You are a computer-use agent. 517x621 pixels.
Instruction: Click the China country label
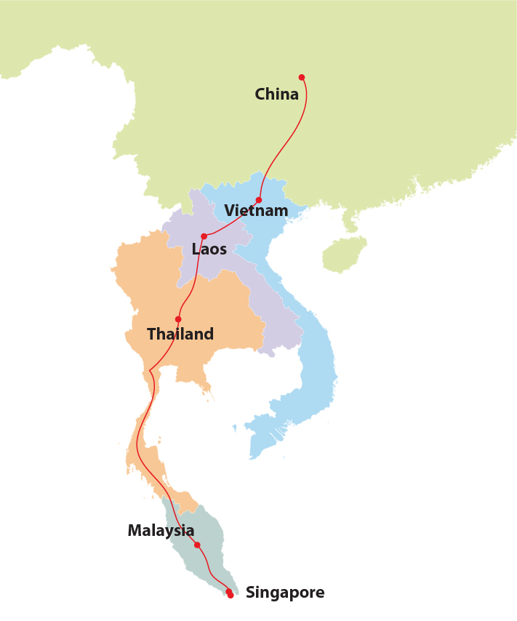coord(276,95)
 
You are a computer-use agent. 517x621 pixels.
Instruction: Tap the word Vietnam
coord(256,211)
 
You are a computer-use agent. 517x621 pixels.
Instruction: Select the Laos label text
coord(209,249)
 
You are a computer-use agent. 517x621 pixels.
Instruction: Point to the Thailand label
coord(180,334)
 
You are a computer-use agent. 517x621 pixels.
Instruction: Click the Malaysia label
coord(161,531)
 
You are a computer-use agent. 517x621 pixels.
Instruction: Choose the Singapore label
coord(285,593)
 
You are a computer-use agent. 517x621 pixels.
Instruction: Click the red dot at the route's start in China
coord(302,77)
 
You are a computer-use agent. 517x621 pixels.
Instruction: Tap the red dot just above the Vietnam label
coord(259,200)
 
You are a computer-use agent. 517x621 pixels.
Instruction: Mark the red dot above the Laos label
coord(204,236)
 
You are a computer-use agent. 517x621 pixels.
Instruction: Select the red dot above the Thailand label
coord(178,319)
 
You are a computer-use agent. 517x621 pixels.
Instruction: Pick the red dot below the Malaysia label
coord(197,545)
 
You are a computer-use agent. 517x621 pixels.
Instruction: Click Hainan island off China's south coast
coord(343,255)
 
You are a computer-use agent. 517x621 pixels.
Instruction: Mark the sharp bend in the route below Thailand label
coord(150,371)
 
